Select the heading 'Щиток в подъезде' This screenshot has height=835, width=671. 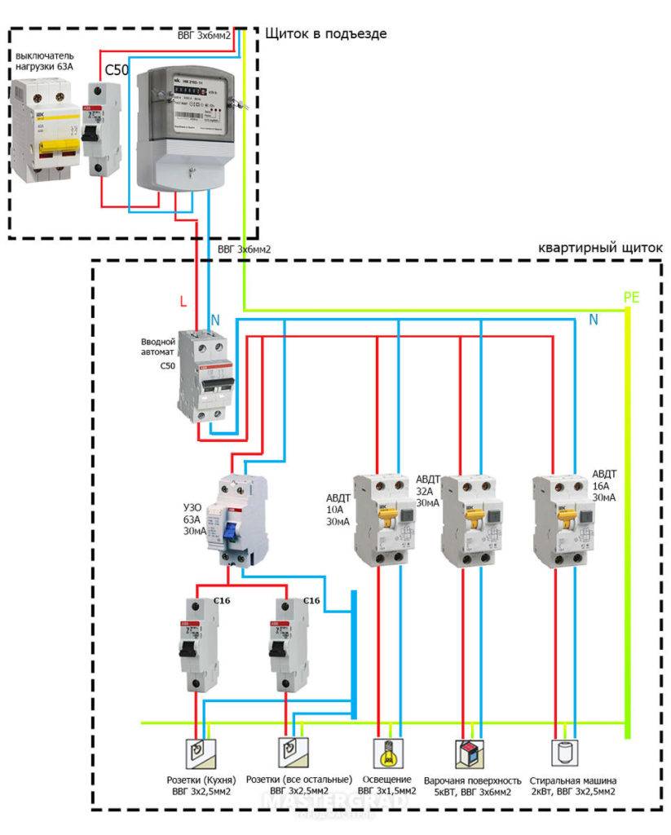tap(325, 33)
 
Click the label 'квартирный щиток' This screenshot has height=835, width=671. tap(602, 247)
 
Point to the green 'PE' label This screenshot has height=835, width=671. tap(631, 297)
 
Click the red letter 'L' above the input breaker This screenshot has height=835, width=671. tap(183, 302)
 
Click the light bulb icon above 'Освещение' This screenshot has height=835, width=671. tap(386, 750)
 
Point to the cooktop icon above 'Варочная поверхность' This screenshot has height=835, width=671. tap(470, 751)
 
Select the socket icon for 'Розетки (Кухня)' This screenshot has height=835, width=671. tap(199, 751)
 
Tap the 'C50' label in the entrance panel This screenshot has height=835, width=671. tap(116, 70)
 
